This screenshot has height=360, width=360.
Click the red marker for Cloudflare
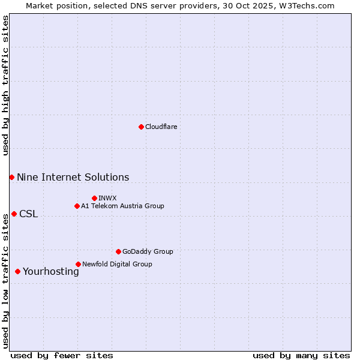click(x=141, y=127)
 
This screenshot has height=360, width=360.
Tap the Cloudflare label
click(x=161, y=127)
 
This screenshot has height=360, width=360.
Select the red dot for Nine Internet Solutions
click(x=11, y=177)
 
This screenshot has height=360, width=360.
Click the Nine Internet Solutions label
click(x=73, y=177)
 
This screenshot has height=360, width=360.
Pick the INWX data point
click(x=94, y=198)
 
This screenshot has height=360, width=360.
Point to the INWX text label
click(x=107, y=198)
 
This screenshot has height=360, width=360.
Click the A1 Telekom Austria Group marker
click(x=77, y=206)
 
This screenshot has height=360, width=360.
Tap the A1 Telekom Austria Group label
click(x=122, y=206)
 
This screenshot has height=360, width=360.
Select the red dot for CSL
click(x=14, y=214)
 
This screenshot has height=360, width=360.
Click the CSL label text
click(x=28, y=214)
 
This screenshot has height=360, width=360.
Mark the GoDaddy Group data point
click(x=118, y=251)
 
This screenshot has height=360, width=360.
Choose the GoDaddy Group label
click(x=147, y=251)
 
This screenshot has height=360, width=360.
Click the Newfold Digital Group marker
click(x=78, y=264)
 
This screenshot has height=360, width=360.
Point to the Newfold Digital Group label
click(x=117, y=264)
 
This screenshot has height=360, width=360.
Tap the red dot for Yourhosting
click(x=17, y=271)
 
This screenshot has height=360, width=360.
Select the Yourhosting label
click(x=50, y=272)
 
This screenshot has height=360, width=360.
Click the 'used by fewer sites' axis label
click(x=62, y=355)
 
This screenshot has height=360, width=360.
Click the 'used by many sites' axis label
click(x=301, y=355)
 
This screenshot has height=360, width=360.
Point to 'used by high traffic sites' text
click(x=5, y=85)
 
